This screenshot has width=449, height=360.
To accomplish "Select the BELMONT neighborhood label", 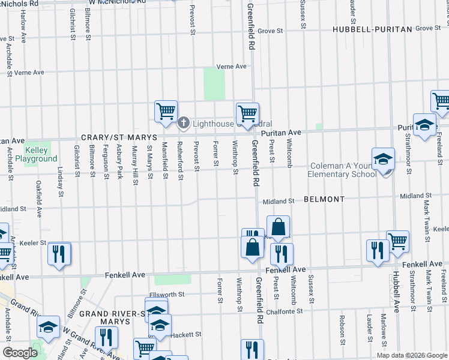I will (324, 199).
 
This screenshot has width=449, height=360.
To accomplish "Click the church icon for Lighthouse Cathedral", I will (184, 123).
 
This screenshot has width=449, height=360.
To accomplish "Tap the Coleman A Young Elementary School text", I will (345, 170).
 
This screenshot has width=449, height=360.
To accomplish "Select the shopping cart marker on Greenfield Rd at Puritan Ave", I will (247, 113).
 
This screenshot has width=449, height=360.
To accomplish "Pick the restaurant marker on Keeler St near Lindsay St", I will (59, 253).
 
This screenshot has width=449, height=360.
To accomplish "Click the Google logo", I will (20, 353).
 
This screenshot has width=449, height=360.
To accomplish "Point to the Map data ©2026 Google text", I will (411, 355).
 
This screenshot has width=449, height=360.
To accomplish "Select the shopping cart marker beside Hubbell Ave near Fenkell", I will (398, 241).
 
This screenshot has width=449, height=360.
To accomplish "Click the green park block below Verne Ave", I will (214, 84).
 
